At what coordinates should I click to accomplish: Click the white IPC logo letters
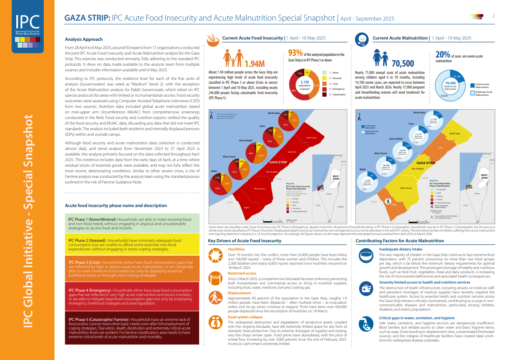[27, 21]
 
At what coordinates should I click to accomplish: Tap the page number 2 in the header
[494, 16]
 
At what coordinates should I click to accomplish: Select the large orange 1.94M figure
[254, 64]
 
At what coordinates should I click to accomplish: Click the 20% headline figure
[442, 55]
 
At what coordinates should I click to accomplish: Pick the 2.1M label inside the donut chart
[305, 82]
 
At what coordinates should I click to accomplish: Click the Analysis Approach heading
[83, 40]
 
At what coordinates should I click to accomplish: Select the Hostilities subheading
[236, 249]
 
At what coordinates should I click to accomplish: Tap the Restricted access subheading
[242, 273]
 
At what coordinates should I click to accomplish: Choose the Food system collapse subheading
[245, 317]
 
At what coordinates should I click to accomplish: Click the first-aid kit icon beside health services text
[366, 289]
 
